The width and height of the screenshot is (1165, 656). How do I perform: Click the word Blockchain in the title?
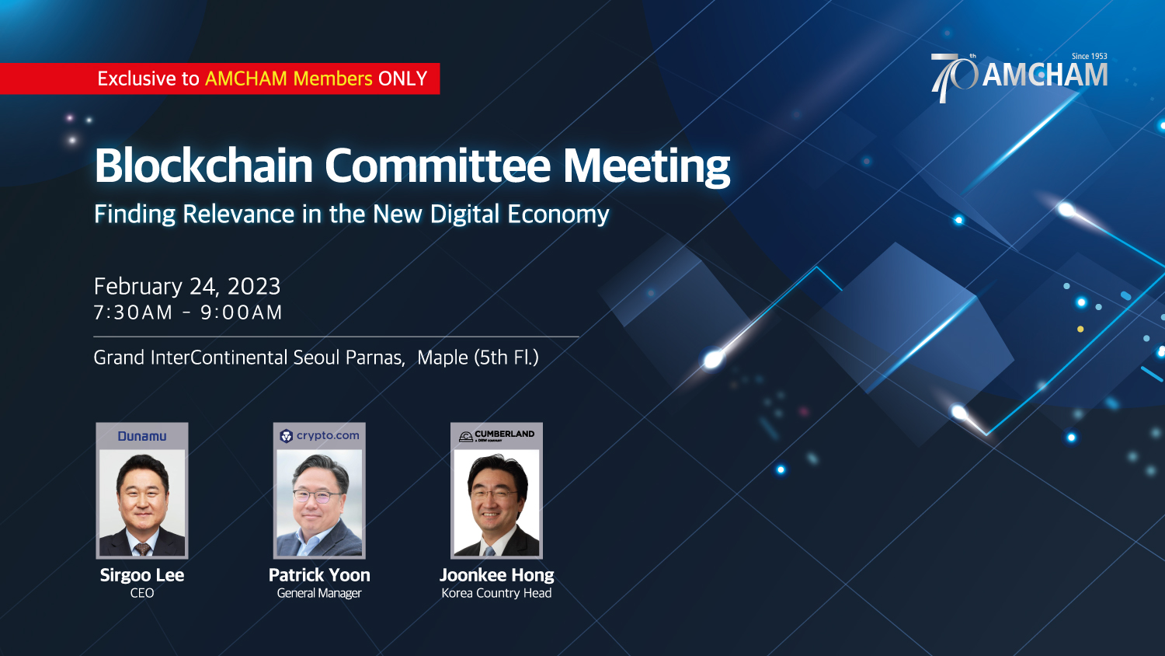tap(203, 166)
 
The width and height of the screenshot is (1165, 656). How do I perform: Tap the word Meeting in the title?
tap(646, 166)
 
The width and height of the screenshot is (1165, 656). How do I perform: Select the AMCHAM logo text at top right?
tap(1045, 75)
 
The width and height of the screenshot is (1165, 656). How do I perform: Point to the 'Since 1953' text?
tap(1089, 56)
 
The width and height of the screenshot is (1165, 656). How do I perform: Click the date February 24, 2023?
tap(187, 286)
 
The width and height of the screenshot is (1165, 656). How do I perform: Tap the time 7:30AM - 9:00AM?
tap(188, 312)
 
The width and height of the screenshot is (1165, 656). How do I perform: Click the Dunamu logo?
tap(142, 436)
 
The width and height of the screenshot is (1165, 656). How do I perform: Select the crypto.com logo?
tap(319, 436)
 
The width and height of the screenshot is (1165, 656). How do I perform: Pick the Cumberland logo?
tap(496, 436)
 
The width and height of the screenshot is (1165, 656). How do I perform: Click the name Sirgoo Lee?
tap(142, 575)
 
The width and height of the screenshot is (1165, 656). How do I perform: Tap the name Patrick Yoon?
tap(319, 575)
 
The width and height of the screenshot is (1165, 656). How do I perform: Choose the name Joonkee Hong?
tap(497, 575)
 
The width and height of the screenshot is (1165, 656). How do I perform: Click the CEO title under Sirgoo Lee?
tap(142, 593)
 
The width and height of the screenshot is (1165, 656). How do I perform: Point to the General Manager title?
tap(319, 594)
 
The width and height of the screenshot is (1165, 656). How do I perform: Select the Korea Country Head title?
tap(497, 593)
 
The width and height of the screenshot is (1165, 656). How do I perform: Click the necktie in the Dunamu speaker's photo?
tap(142, 549)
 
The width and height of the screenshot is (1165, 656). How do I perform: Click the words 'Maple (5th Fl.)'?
tap(478, 358)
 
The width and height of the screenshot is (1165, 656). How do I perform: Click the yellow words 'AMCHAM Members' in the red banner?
tap(289, 79)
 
